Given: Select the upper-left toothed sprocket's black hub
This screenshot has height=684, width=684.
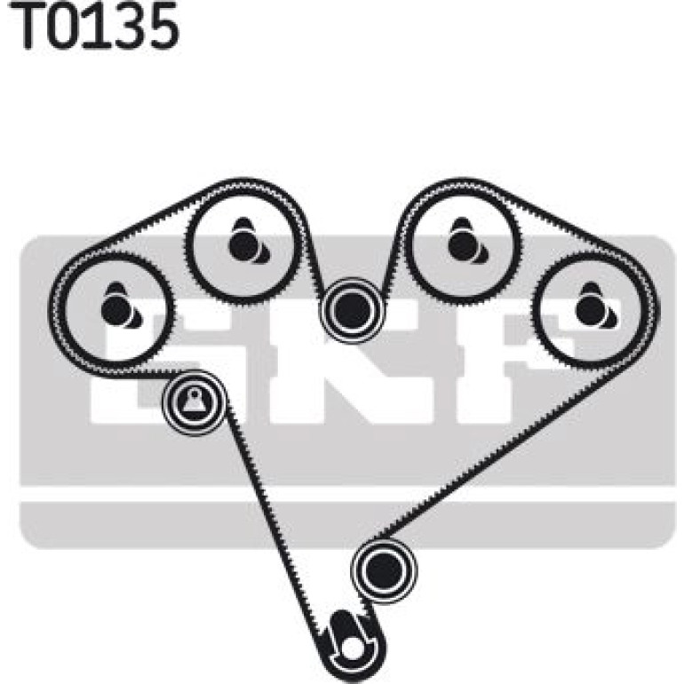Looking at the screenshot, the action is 244,244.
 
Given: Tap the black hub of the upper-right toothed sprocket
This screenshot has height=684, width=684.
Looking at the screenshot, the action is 464,244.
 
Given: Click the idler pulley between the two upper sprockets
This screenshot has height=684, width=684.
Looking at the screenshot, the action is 352,309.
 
